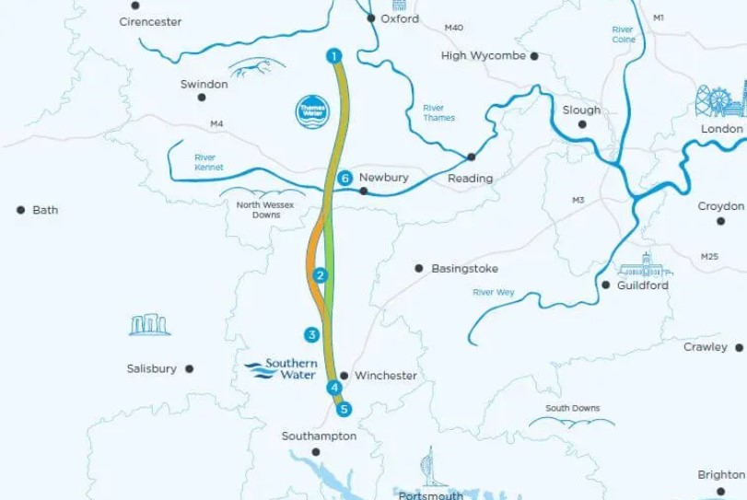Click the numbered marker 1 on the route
(333, 56)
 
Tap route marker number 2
(320, 275)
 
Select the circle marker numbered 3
(312, 334)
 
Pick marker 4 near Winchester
(333, 388)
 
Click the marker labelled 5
(344, 409)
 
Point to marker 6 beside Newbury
(344, 178)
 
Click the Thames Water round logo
(311, 111)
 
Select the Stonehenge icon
(150, 324)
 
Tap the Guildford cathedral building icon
(645, 266)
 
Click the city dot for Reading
(472, 157)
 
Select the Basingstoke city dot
(418, 269)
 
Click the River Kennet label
(208, 162)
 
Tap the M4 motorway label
(216, 123)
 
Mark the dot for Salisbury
(190, 368)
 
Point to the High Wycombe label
(484, 55)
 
